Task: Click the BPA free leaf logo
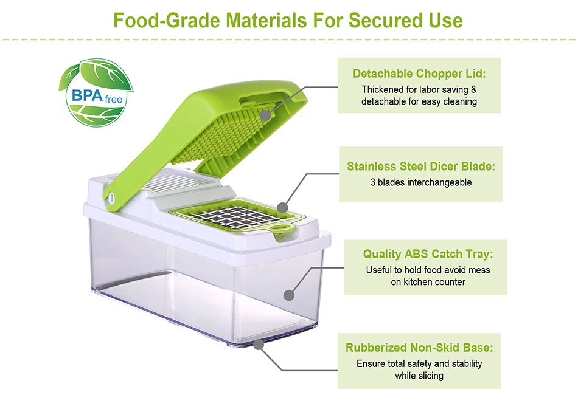[x=96, y=93]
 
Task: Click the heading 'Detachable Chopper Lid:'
[x=419, y=74]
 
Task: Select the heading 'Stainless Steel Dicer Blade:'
[x=421, y=167]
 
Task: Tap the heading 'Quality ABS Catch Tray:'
[x=428, y=254]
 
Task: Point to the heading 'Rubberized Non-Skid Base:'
[x=419, y=348]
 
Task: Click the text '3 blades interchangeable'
[x=421, y=182]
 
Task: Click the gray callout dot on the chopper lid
[x=265, y=115]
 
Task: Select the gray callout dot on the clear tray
[x=289, y=295]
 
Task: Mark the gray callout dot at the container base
[x=259, y=345]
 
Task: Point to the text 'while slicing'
[x=419, y=376]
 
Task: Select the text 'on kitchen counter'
[x=428, y=282]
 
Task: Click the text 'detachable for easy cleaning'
[x=419, y=101]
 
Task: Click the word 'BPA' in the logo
[x=87, y=95]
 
